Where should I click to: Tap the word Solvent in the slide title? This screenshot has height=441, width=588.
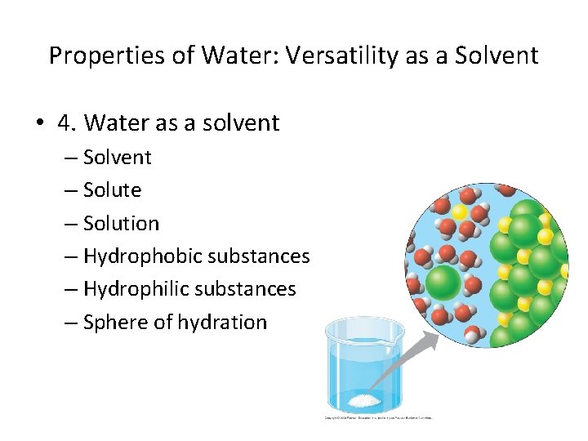tap(499, 56)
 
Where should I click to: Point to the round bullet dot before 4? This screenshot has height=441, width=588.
tap(38, 124)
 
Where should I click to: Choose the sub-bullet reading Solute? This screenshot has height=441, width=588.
tap(112, 190)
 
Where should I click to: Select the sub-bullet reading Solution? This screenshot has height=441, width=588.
tap(121, 224)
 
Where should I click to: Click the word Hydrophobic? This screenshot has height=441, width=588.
tap(143, 256)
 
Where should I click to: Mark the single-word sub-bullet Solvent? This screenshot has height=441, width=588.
tap(117, 157)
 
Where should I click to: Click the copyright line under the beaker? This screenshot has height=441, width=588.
tap(378, 417)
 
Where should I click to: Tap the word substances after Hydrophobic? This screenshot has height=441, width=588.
tap(259, 256)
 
